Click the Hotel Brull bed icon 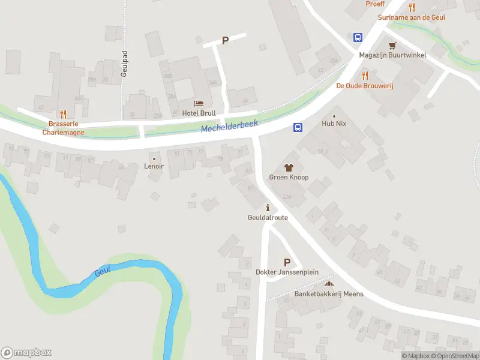point(199,104)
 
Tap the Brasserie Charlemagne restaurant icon point(63,114)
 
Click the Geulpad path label point(124,62)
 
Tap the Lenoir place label point(154,166)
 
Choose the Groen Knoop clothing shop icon point(289,167)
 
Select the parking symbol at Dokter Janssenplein point(287,262)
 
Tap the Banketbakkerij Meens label point(328,294)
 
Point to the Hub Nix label point(334,124)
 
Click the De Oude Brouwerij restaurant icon point(364,76)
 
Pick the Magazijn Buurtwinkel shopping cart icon point(392,46)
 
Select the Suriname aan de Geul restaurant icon point(412,7)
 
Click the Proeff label point(375,4)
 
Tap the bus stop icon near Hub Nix point(297,127)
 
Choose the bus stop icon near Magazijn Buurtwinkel point(358,37)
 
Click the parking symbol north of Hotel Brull point(226,41)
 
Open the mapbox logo point(26,353)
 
